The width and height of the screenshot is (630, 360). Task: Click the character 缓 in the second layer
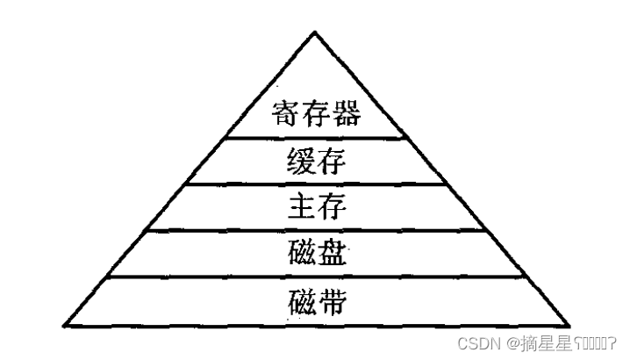301,162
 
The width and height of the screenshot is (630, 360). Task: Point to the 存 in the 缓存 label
333,162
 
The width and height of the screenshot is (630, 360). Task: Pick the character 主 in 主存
301,208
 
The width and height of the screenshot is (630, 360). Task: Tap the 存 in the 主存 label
333,208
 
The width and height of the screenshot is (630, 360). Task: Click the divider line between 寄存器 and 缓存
315,138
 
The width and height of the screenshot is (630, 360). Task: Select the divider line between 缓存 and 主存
315,184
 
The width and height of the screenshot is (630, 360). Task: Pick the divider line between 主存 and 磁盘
315,231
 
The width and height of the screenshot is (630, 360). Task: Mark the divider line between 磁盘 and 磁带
315,277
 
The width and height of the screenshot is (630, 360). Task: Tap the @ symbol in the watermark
510,341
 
